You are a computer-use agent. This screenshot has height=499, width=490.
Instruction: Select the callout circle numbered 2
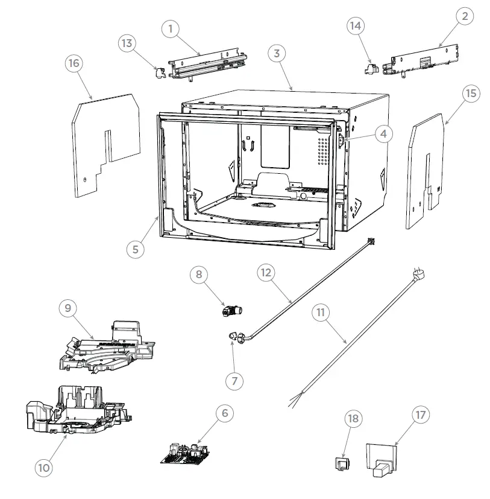tap(464, 17)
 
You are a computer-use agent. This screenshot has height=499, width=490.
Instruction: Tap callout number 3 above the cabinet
tap(276, 54)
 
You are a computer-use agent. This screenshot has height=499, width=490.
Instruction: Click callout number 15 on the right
tap(471, 94)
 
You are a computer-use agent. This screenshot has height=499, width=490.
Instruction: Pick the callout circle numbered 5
tap(136, 248)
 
